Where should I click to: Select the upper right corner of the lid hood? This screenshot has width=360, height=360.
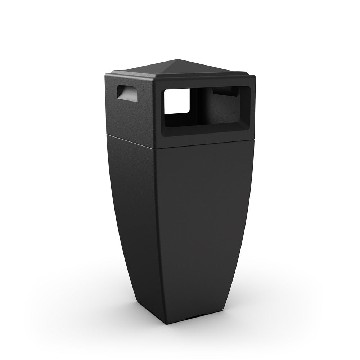(x=255, y=77)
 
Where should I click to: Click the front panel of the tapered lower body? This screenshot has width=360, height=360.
(x=205, y=223)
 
